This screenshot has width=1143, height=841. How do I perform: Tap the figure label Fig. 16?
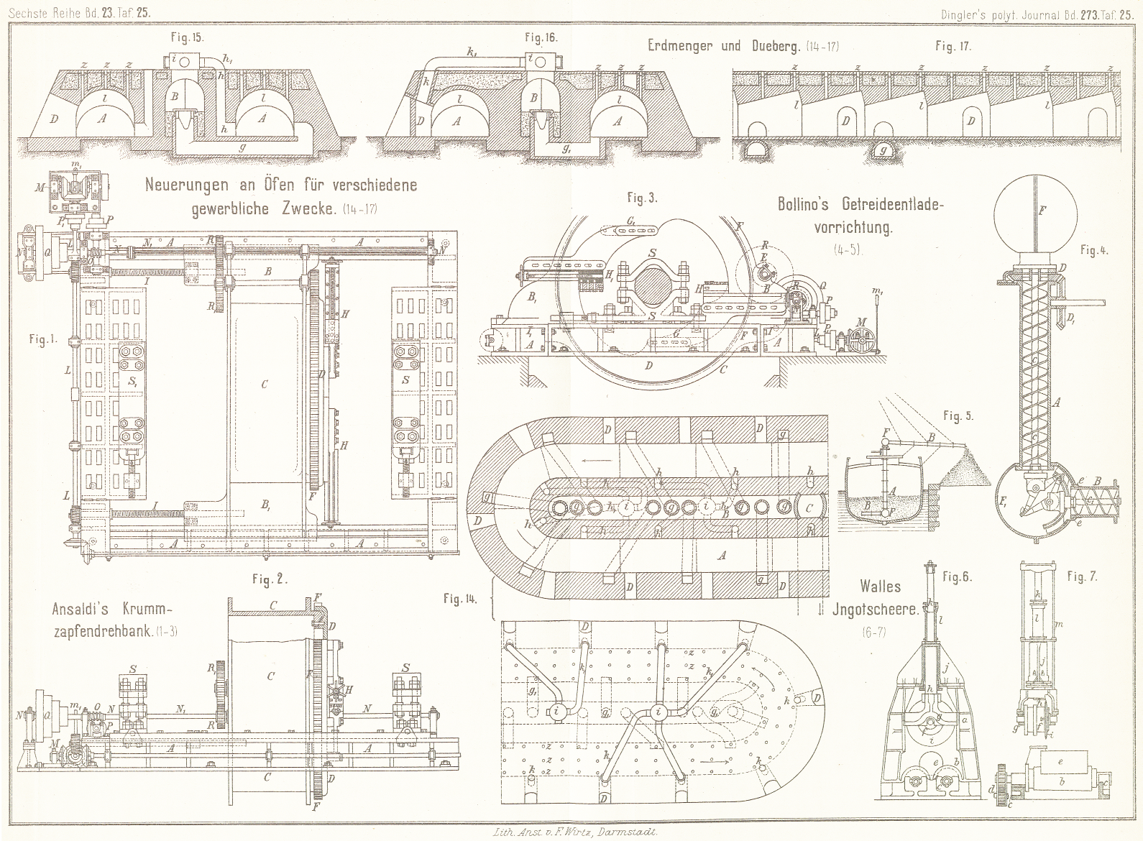click(541, 36)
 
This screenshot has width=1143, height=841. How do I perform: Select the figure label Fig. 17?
click(953, 46)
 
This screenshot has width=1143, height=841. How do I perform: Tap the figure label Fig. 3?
click(641, 197)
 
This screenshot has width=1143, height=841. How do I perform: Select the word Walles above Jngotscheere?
click(879, 587)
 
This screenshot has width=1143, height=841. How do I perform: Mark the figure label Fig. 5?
click(958, 415)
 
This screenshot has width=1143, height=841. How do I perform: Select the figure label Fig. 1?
click(43, 339)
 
